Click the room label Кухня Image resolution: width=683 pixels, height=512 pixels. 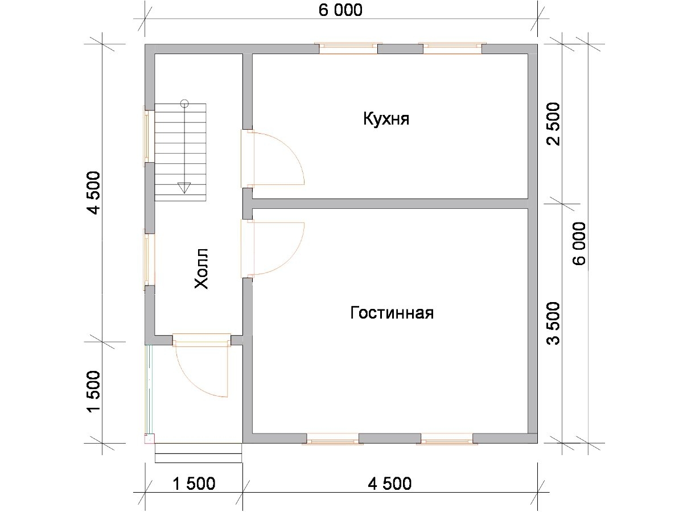coord(386,119)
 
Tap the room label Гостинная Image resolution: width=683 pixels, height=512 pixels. coord(392,313)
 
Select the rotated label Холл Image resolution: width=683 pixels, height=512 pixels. coord(201,269)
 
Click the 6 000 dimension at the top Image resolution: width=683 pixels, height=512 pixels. coord(340,10)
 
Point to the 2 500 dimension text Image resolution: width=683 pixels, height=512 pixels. coord(553,124)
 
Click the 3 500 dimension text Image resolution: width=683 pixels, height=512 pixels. coord(553,323)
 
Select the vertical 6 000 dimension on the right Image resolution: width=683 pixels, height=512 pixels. coord(579,243)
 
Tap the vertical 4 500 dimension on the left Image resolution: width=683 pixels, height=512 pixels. coord(94,193)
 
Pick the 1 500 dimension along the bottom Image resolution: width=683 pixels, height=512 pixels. coord(194,484)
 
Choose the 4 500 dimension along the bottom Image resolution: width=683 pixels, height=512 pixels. coord(389,484)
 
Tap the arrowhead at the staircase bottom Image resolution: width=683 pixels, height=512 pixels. coord(184,188)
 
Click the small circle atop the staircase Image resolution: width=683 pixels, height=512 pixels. coord(184,103)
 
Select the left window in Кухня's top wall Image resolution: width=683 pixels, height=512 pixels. coord(348,48)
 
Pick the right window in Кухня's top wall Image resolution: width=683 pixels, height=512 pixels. coord(452,48)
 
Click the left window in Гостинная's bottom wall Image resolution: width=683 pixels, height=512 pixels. coord(332,438)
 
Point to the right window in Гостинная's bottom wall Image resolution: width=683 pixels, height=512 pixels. coord(447,438)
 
